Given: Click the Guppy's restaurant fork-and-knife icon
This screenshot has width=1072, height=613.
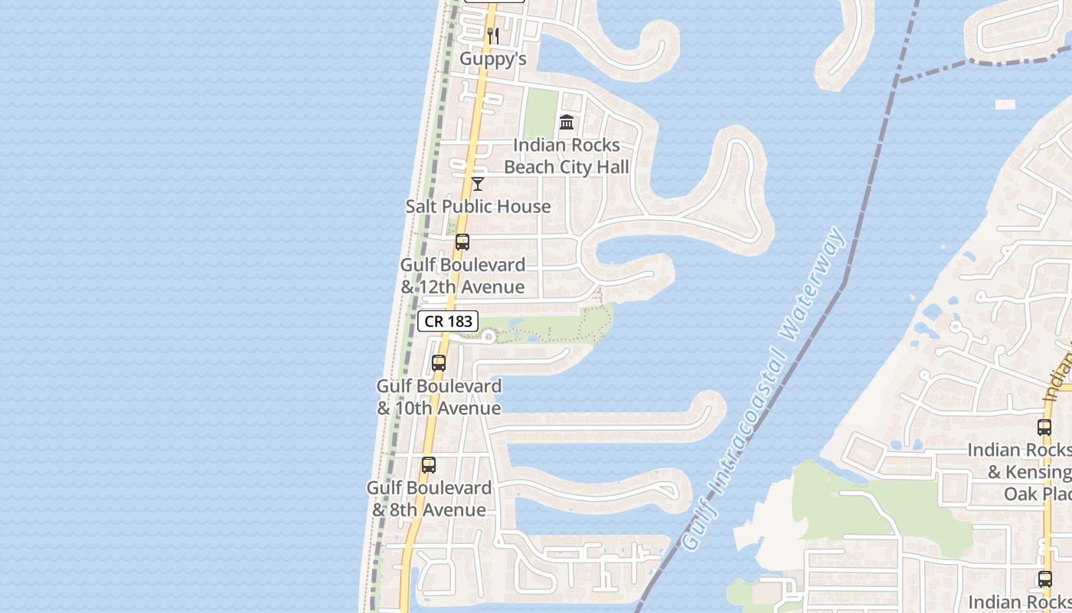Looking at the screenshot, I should click(493, 35).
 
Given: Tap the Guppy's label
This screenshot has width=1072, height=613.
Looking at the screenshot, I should click(493, 58).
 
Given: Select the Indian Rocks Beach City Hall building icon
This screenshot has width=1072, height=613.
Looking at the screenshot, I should click(567, 122).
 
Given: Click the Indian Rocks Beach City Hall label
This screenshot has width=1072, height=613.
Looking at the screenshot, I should click(567, 156).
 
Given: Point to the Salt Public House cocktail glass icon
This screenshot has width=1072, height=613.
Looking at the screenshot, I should click(478, 184).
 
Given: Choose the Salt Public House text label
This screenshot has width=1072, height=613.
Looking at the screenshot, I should click(478, 206).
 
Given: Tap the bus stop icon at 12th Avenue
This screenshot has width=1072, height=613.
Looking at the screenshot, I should click(462, 242).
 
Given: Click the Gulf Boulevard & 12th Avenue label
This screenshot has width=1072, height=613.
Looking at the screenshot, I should click(462, 276).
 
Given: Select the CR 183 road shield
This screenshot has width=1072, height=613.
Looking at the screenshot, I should click(448, 321).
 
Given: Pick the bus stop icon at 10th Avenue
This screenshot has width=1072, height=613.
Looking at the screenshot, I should click(439, 363).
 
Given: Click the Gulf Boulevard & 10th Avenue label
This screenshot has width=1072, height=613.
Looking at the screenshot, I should click(440, 397).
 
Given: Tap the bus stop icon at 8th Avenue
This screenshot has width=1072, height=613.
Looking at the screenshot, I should click(429, 465).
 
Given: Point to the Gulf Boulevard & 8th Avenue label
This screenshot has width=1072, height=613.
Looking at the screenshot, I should click(429, 499).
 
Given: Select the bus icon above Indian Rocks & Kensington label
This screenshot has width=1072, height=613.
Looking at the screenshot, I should click(1044, 428).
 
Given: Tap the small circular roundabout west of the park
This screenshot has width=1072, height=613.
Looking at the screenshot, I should click(489, 336).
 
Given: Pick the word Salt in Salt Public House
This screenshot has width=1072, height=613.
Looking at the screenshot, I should click(421, 206).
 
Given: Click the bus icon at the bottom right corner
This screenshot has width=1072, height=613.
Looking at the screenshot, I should click(1044, 579).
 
